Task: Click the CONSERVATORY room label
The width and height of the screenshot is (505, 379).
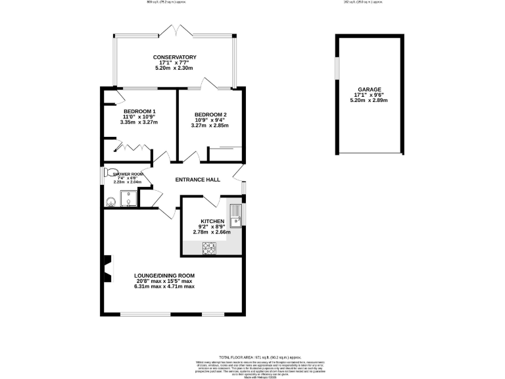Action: click(x=174, y=57)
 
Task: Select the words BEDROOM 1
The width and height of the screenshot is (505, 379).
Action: click(x=139, y=111)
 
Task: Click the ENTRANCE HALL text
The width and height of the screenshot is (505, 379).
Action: click(x=197, y=180)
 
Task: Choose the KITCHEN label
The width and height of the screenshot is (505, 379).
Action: click(x=212, y=221)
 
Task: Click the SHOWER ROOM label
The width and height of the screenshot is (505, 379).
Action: click(x=128, y=174)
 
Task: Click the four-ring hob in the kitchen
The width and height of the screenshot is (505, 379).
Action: click(x=210, y=248)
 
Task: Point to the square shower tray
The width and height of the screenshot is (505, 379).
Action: click(x=129, y=199)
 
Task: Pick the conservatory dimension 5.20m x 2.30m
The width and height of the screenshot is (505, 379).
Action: click(x=174, y=68)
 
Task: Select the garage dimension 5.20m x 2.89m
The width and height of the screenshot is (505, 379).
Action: click(x=369, y=101)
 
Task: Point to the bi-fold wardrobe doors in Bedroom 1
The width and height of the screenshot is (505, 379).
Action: click(x=135, y=145)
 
